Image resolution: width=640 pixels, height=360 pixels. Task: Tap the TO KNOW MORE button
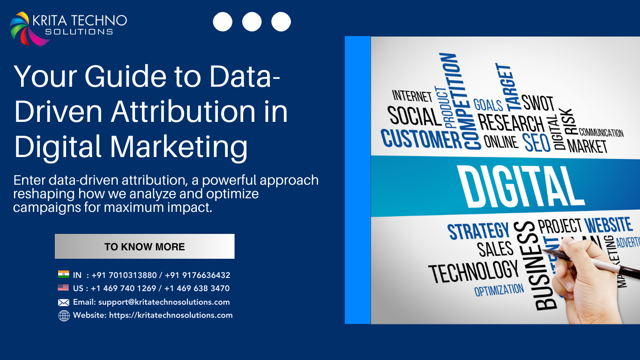pyautogui.click(x=144, y=247)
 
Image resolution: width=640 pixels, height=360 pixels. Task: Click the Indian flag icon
pyautogui.click(x=63, y=275)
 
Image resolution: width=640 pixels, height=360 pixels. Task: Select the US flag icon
pyautogui.click(x=63, y=288)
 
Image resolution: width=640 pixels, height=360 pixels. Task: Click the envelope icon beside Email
pyautogui.click(x=63, y=302)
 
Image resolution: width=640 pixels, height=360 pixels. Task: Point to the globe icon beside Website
pyautogui.click(x=64, y=315)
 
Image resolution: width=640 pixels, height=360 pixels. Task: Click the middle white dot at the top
pyautogui.click(x=252, y=22)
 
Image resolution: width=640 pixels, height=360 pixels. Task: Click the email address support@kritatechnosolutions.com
pyautogui.click(x=164, y=302)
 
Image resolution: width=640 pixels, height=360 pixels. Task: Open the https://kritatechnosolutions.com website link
pyautogui.click(x=171, y=315)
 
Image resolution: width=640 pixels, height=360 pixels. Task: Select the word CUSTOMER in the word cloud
pyautogui.click(x=421, y=139)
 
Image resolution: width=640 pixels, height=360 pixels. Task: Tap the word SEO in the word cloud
pyautogui.click(x=537, y=142)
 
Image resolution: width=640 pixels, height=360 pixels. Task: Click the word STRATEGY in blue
pyautogui.click(x=478, y=231)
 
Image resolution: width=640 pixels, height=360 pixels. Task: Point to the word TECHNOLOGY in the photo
pyautogui.click(x=473, y=272)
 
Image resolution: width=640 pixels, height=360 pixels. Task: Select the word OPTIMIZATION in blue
pyautogui.click(x=499, y=290)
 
